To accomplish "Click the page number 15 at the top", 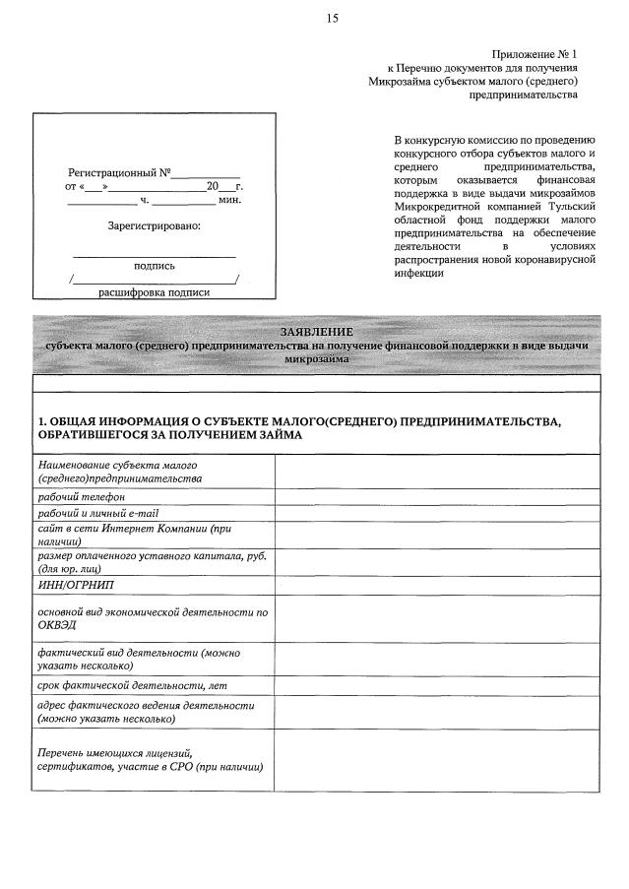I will [332, 18].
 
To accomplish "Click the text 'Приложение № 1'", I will [535, 53].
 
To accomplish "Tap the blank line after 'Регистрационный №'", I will [207, 173].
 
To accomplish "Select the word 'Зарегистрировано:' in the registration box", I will [154, 226].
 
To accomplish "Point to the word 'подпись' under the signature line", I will [155, 265].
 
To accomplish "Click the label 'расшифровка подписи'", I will [155, 291].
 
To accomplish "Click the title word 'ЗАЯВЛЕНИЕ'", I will [316, 332].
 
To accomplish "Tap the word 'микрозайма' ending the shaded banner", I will [316, 360].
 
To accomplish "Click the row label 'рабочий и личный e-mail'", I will [98, 513].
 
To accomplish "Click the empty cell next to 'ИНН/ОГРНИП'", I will [437, 586].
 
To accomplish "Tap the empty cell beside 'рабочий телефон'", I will [437, 497].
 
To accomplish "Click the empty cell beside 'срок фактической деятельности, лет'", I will [437, 684].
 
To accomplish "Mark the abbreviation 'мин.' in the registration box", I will [230, 200].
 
